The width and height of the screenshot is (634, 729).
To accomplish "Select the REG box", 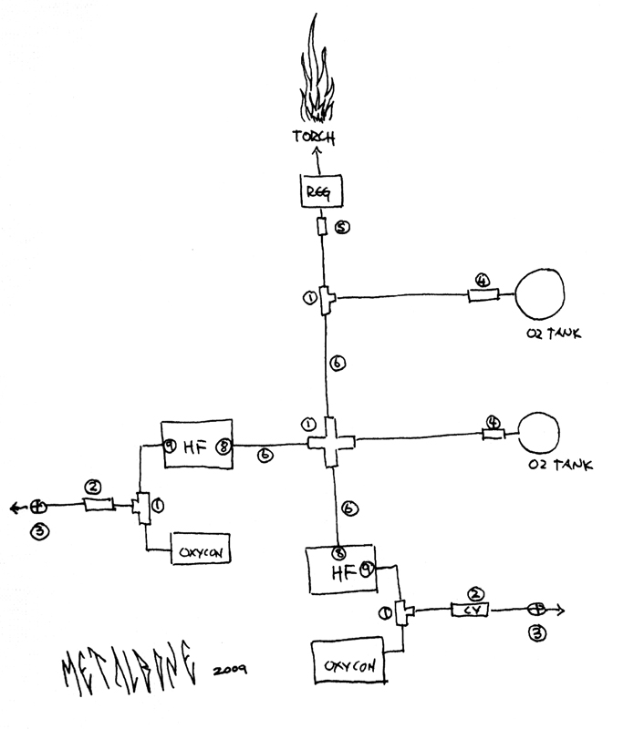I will click(318, 192).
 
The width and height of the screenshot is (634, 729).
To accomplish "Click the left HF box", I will click(198, 445).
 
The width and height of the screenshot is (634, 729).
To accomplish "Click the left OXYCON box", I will click(199, 549).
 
